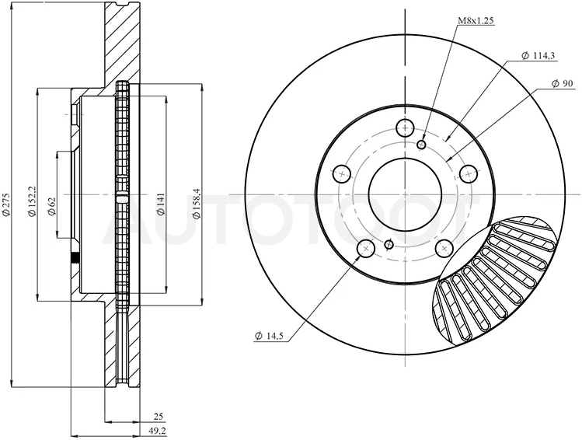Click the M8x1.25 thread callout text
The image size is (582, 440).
click(476, 21)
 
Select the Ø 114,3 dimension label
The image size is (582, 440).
click(538, 56)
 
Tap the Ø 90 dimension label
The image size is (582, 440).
click(562, 83)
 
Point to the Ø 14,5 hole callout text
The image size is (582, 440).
click(269, 336)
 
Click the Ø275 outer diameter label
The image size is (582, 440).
click(6, 204)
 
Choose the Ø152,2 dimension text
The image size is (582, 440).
click(33, 201)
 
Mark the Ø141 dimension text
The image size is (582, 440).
click(160, 204)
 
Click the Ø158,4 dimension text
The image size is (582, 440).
click(196, 203)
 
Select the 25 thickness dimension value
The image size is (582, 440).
click(159, 417)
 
